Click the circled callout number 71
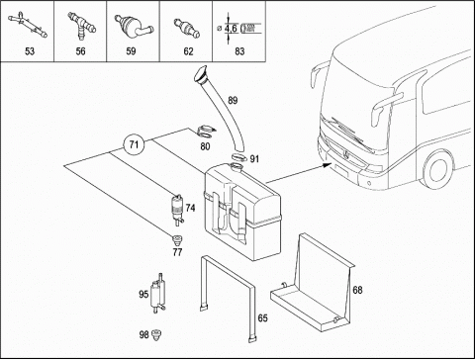point(134,144)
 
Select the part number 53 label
point(30,51)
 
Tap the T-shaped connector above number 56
point(81,25)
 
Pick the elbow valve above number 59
point(132,26)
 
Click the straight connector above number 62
point(187,28)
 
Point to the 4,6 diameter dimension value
point(231,29)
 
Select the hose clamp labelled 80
point(207,133)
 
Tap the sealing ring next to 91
point(239,157)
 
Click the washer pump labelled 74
point(177,210)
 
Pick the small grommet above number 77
point(177,239)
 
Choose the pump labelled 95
point(157,294)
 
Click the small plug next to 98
point(156,334)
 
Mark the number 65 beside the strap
point(262,318)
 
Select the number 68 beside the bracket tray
point(357,290)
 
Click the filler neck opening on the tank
point(237,166)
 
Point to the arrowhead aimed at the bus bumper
point(328,164)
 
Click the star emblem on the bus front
point(346,153)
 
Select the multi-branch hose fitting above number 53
point(28,25)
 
